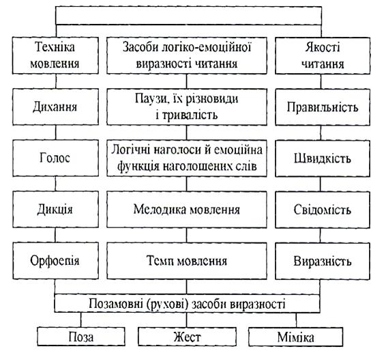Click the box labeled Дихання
click(56, 107)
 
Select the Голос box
click(56, 158)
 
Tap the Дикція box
click(56, 210)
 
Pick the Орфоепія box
click(56, 261)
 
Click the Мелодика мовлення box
click(187, 210)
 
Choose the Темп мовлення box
click(187, 261)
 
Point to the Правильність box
click(323, 107)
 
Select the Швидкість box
click(323, 158)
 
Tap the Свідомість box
click(323, 210)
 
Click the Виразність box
click(323, 261)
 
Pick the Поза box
click(81, 337)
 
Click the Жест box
click(187, 337)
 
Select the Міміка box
click(295, 337)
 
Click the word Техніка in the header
click(55, 47)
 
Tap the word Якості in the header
click(323, 47)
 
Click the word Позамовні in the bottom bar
click(116, 304)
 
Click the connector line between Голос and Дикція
click(55, 184)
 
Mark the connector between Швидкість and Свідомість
click(321, 184)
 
